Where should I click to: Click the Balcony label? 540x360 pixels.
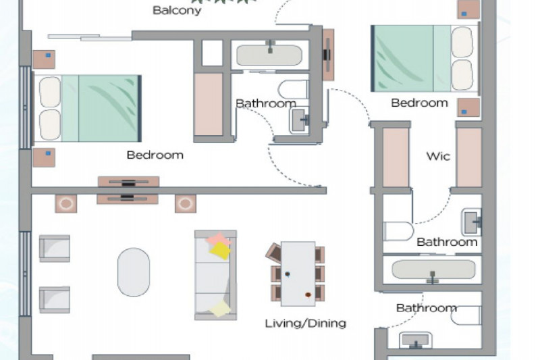pyautogui.click(x=177, y=10)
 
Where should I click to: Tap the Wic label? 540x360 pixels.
pyautogui.click(x=438, y=156)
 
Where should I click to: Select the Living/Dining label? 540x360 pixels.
pyautogui.click(x=306, y=323)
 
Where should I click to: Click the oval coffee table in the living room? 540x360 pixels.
pyautogui.click(x=134, y=272)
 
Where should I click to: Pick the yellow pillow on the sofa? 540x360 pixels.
pyautogui.click(x=220, y=251)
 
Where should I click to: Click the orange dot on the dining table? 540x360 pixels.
pyautogui.click(x=308, y=295)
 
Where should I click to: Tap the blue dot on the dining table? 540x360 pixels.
pyautogui.click(x=288, y=274)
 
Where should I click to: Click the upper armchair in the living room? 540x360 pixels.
pyautogui.click(x=55, y=249)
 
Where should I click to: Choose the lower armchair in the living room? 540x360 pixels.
pyautogui.click(x=55, y=300)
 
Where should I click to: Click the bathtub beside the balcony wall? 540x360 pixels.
pyautogui.click(x=269, y=55)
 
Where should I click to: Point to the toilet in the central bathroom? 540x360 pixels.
pyautogui.click(x=293, y=89)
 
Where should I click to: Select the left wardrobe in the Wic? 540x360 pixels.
pyautogui.click(x=396, y=157)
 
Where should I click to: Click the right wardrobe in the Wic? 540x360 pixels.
pyautogui.click(x=468, y=157)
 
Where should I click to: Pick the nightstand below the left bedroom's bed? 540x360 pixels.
pyautogui.click(x=44, y=157)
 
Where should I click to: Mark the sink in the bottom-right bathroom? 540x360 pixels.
pyautogui.click(x=416, y=340)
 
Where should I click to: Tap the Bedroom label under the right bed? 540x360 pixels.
pyautogui.click(x=419, y=103)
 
